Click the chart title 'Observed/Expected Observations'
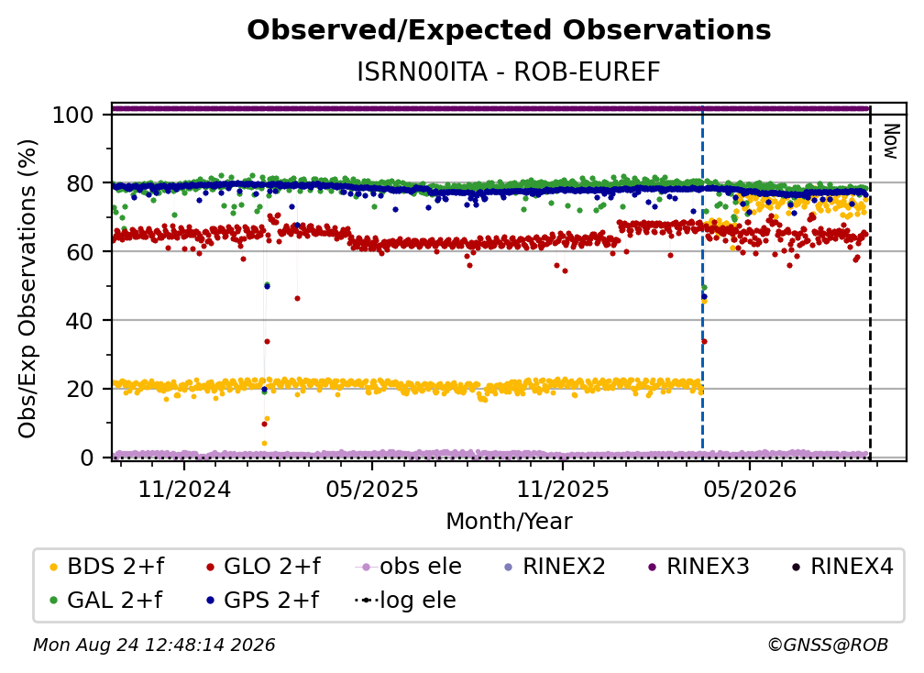coord(509,30)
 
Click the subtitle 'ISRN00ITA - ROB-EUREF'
coord(509,72)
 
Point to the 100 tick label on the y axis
coord(73,115)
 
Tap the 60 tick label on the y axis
coord(80,251)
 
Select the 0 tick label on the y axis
coord(87,458)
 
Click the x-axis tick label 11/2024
coord(184,489)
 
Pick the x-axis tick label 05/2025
coord(372,489)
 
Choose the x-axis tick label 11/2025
coord(563,489)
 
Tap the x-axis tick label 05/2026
coord(750,489)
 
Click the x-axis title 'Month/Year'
coord(509,521)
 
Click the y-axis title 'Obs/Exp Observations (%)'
coord(27,288)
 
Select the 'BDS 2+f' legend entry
coord(107,567)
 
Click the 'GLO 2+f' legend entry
coord(263,567)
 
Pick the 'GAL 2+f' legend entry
coord(106,600)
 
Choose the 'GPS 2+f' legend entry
coord(262,600)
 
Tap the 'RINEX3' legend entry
coord(698,567)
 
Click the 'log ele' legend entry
coord(405,600)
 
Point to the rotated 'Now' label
coord(890,141)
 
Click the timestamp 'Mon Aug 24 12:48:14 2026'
coord(154,645)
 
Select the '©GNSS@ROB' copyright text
coord(828,645)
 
